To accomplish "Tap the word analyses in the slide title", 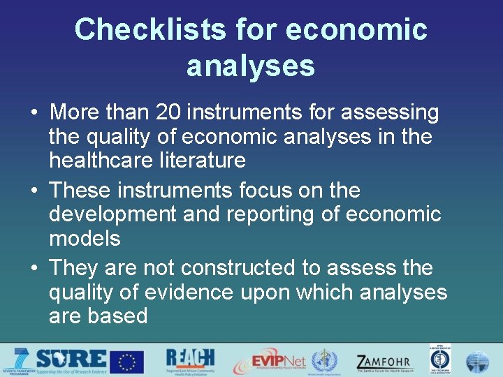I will pos(251,66).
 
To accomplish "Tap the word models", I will pos(85,238).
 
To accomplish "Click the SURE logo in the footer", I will pos(70,361).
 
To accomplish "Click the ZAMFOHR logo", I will pos(384,362).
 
